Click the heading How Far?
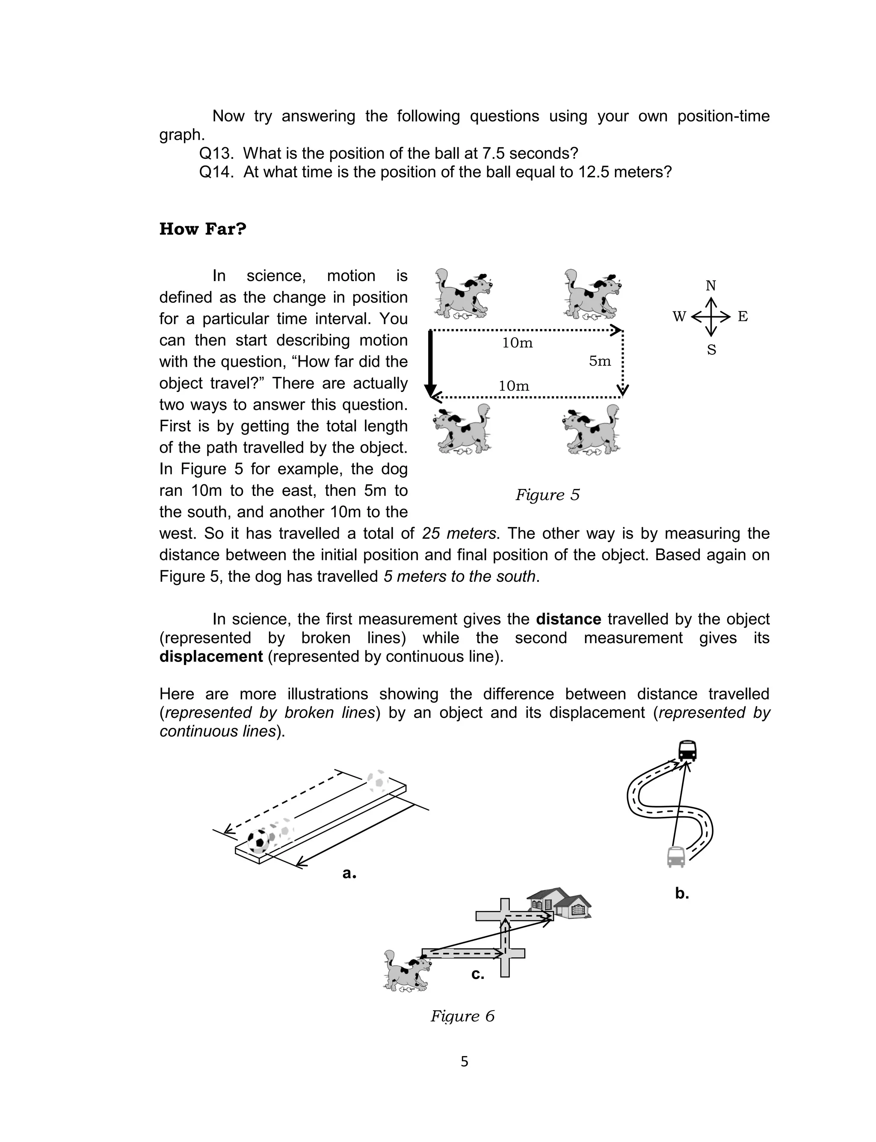[202, 229]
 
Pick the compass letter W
[679, 317]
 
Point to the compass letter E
[743, 317]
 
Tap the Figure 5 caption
[547, 495]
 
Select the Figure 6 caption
[462, 1016]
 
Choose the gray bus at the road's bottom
[676, 857]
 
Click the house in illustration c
[559, 903]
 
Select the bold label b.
[681, 894]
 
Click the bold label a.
[349, 873]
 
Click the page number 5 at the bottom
[464, 1062]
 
